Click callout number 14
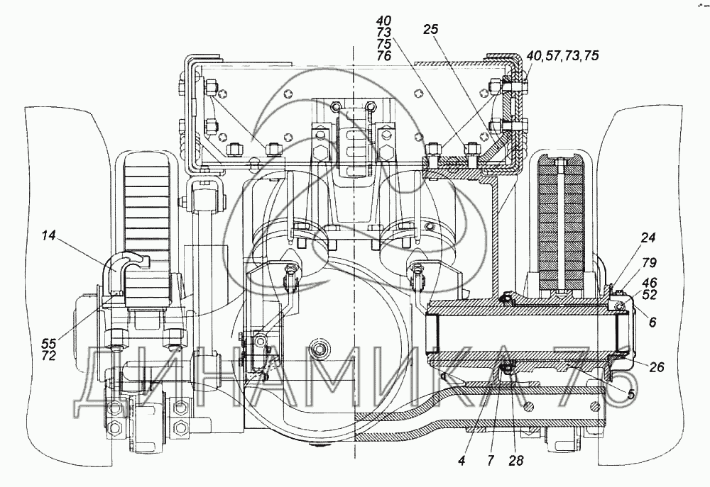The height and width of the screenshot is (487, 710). (x=49, y=235)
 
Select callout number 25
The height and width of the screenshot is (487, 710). (x=431, y=29)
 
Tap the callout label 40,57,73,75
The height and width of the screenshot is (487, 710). (x=563, y=55)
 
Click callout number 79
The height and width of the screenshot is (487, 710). (x=650, y=263)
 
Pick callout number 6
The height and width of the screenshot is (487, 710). (x=652, y=323)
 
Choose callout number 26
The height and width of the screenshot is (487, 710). (x=656, y=366)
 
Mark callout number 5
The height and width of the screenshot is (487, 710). (x=631, y=394)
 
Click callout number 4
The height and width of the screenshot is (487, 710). (x=461, y=461)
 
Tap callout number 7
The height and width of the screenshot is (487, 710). (x=491, y=461)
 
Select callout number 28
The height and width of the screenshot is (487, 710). (x=515, y=461)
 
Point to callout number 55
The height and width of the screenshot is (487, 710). (x=49, y=343)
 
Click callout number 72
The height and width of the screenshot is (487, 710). (x=49, y=356)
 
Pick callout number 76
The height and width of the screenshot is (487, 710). (x=383, y=55)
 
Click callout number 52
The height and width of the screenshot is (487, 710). (x=650, y=294)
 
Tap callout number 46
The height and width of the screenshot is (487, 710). (x=650, y=284)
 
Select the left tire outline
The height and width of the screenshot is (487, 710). (x=63, y=286)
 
